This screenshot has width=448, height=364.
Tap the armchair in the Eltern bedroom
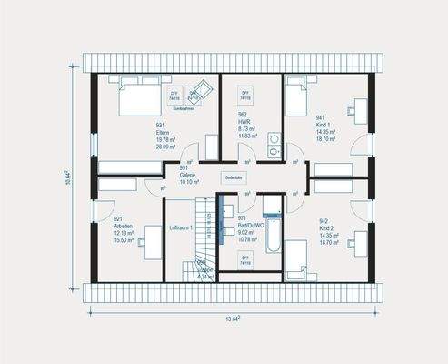click(201, 89)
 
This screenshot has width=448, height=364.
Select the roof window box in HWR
click(245, 94)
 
